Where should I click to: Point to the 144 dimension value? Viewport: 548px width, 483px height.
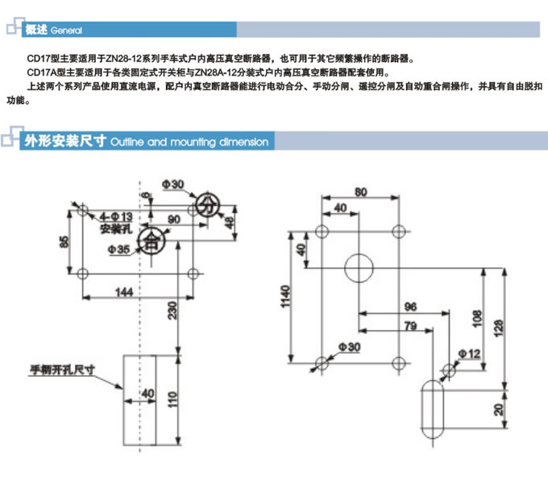[122, 292]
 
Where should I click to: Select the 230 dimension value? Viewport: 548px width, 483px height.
[172, 308]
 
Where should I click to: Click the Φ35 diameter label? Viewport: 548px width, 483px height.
[118, 250]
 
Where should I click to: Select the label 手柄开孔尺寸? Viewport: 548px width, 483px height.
[63, 370]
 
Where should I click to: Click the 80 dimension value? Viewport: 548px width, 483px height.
[359, 192]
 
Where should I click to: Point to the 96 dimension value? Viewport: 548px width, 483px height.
[410, 307]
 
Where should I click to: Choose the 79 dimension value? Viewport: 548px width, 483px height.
[410, 326]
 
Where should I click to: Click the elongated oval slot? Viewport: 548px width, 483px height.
[434, 408]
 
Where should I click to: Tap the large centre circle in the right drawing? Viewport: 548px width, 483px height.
[359, 268]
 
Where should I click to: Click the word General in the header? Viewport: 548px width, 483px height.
[66, 31]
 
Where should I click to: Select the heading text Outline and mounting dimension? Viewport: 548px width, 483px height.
[189, 142]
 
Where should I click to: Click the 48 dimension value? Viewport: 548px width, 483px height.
[228, 222]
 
